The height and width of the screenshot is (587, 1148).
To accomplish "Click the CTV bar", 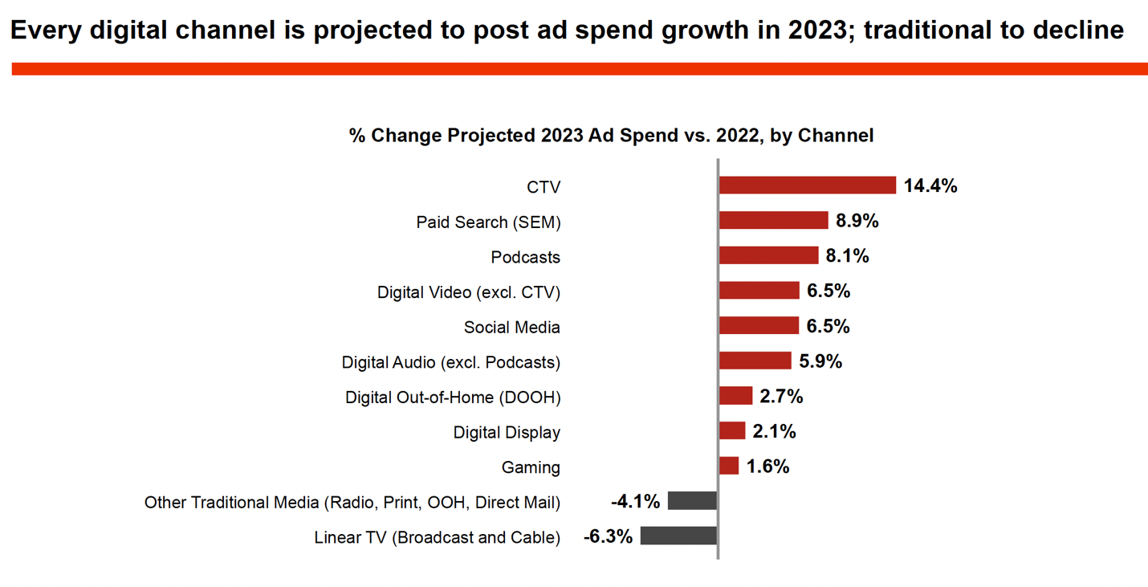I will tap(807, 185).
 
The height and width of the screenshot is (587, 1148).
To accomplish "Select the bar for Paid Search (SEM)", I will tap(773, 221).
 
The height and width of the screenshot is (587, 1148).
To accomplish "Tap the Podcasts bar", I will tap(768, 256).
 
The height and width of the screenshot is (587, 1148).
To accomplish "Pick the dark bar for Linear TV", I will tap(678, 536).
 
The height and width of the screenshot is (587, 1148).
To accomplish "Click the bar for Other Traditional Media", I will tap(692, 501).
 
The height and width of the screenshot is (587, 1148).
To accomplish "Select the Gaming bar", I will tap(728, 466).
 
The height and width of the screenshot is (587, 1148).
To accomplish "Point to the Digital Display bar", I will tap(731, 431).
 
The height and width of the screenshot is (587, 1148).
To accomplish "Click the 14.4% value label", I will tap(930, 186).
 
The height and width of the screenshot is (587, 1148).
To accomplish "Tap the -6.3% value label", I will tap(608, 536).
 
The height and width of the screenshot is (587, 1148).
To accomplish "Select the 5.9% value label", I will tap(820, 361).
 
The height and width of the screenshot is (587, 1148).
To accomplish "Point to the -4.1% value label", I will tap(635, 502).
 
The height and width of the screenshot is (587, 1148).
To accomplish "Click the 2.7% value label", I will tap(781, 397).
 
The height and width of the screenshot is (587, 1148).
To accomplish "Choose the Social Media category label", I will tap(511, 328).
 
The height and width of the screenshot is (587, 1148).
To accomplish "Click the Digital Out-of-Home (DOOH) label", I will tap(453, 397).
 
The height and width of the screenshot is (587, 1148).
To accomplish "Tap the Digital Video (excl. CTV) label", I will tap(469, 292).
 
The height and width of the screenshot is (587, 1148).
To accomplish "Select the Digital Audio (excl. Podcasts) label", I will tap(451, 362).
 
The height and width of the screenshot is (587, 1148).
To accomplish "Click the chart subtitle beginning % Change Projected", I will tap(611, 136).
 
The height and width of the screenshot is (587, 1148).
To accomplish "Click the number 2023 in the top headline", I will tap(816, 31).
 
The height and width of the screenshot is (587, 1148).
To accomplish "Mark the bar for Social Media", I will tap(759, 325).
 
